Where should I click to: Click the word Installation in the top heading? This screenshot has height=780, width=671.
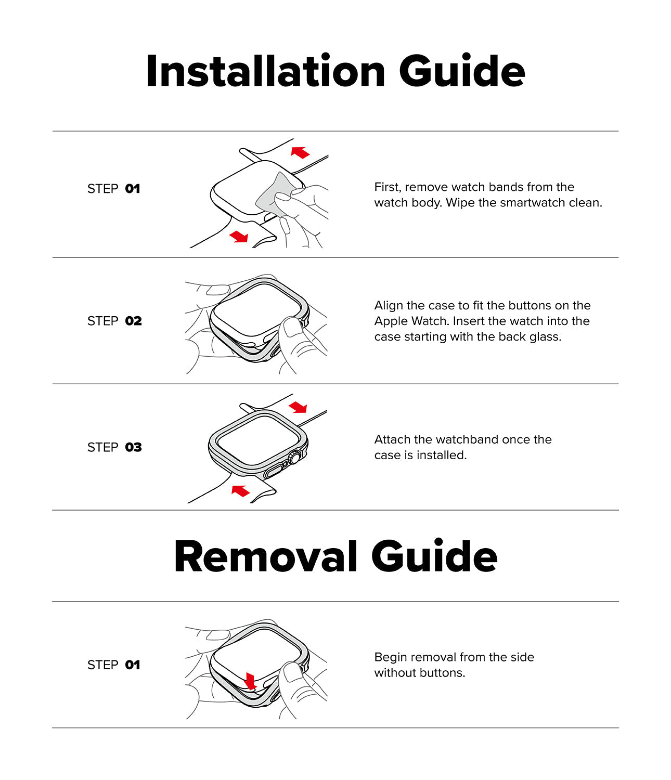point(265,71)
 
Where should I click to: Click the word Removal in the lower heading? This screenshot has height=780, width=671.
point(265,557)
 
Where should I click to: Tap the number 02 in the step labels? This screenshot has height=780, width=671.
point(133,321)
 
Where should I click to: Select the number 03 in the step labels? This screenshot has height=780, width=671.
point(133,447)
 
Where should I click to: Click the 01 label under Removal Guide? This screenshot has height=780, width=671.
point(133,665)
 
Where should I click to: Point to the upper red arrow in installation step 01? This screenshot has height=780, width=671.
point(300,152)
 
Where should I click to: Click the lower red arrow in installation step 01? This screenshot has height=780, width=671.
point(239,237)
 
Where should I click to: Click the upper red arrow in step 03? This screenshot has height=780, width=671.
point(298,407)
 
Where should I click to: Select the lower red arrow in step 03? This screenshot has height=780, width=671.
point(240,490)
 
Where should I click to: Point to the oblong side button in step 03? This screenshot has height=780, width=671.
point(274,472)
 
